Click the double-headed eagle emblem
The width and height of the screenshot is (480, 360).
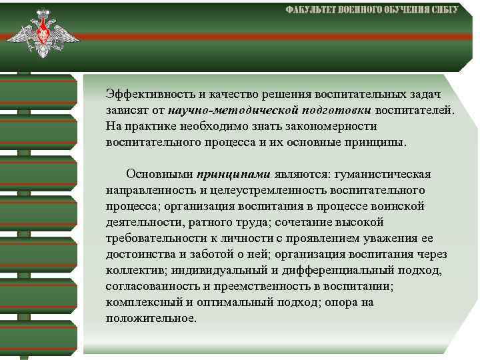tap(43, 34)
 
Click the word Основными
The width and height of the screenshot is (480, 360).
tap(159, 175)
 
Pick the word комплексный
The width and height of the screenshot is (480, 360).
tap(138, 303)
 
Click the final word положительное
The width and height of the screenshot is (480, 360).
tap(151, 319)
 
